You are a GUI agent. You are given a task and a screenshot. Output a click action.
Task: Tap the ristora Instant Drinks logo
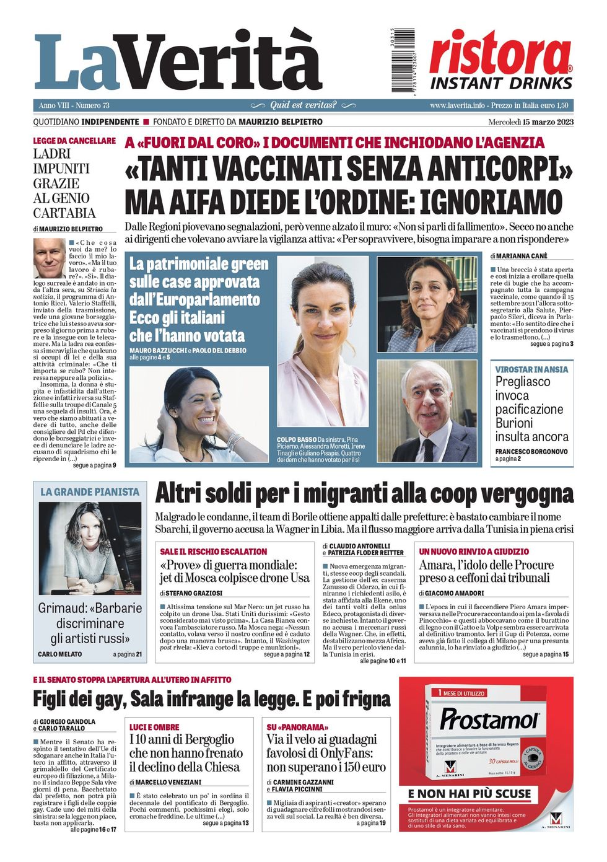point(500,61)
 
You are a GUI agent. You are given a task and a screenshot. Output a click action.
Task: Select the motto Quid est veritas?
point(303,105)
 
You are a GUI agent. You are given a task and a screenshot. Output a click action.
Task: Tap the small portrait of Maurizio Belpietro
point(49,258)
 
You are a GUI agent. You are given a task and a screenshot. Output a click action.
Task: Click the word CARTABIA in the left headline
point(64,213)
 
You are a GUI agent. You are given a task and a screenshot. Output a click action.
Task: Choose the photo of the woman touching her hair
point(199,414)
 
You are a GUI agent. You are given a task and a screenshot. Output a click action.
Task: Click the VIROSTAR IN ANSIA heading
point(531,369)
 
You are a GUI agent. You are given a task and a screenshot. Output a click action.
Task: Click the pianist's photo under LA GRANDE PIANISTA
point(90,548)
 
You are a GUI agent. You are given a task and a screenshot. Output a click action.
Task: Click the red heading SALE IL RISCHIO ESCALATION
point(213,552)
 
